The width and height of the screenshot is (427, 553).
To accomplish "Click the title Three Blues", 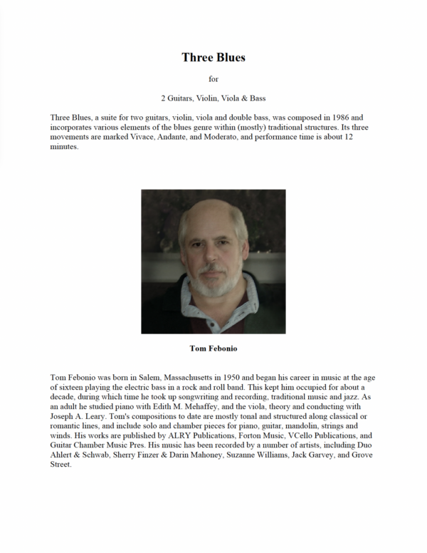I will coord(213,57).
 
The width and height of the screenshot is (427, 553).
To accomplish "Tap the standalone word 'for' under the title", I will coord(213,78).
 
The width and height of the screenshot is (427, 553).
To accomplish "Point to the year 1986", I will coord(340,117).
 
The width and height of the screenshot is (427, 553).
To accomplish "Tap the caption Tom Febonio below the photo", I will coord(213,349).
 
